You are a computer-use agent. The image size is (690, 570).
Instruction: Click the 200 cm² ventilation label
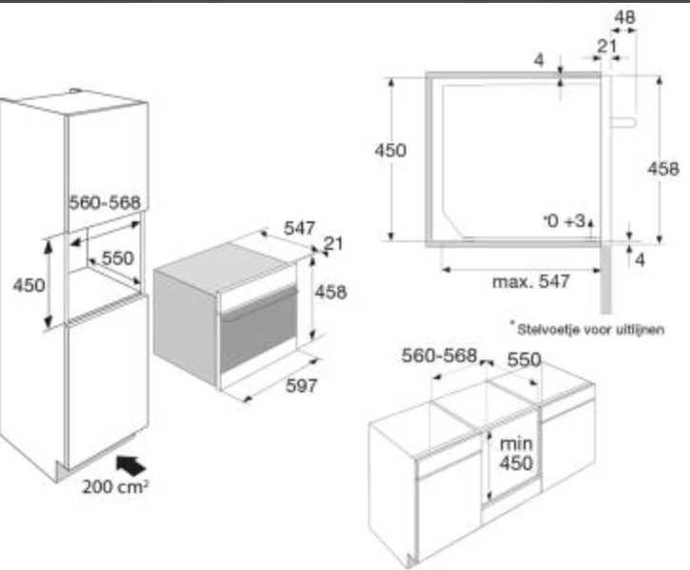(x=115, y=486)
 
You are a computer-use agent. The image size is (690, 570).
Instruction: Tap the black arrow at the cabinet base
(x=130, y=465)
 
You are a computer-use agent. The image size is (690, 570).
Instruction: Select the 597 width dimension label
(x=301, y=386)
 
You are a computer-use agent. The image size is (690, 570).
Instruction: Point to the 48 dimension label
(x=624, y=17)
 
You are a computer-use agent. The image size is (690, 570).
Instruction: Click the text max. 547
(x=531, y=281)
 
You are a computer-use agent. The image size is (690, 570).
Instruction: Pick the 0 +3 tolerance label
(x=565, y=220)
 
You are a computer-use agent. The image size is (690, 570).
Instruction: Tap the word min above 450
(x=516, y=444)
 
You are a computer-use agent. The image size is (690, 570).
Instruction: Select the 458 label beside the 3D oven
(x=331, y=292)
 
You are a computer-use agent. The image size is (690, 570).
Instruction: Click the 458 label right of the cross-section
(x=663, y=168)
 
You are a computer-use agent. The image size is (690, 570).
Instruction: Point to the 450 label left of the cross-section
(x=391, y=150)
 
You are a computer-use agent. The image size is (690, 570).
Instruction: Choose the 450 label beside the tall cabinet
(x=29, y=285)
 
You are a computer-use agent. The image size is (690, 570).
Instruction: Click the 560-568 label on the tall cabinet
(x=105, y=202)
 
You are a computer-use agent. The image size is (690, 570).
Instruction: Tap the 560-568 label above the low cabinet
(x=439, y=355)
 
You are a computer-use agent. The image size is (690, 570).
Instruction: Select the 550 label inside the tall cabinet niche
(x=118, y=258)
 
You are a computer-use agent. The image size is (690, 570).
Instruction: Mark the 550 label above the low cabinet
(x=524, y=360)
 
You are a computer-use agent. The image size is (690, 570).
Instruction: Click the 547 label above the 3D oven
(x=299, y=228)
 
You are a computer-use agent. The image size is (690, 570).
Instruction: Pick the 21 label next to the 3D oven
(x=333, y=243)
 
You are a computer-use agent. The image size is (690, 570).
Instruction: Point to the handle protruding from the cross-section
(x=623, y=123)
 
